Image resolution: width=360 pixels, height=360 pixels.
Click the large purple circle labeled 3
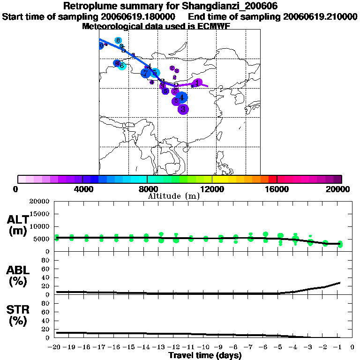pos(183,109)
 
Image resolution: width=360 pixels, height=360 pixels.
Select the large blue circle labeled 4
pos(182,97)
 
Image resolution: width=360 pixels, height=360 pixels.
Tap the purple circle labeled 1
pos(198,82)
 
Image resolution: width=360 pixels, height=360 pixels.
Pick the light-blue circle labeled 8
pos(118,40)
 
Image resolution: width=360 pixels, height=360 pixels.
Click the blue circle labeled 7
pos(146,73)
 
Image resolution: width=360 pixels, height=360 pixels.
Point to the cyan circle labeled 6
pos(122,66)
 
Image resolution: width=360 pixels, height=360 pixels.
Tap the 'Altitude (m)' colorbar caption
pos(173,196)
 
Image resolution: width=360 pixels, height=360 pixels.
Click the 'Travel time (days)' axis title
pos(205,356)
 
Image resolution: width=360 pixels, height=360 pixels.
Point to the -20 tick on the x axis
pos(56,348)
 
